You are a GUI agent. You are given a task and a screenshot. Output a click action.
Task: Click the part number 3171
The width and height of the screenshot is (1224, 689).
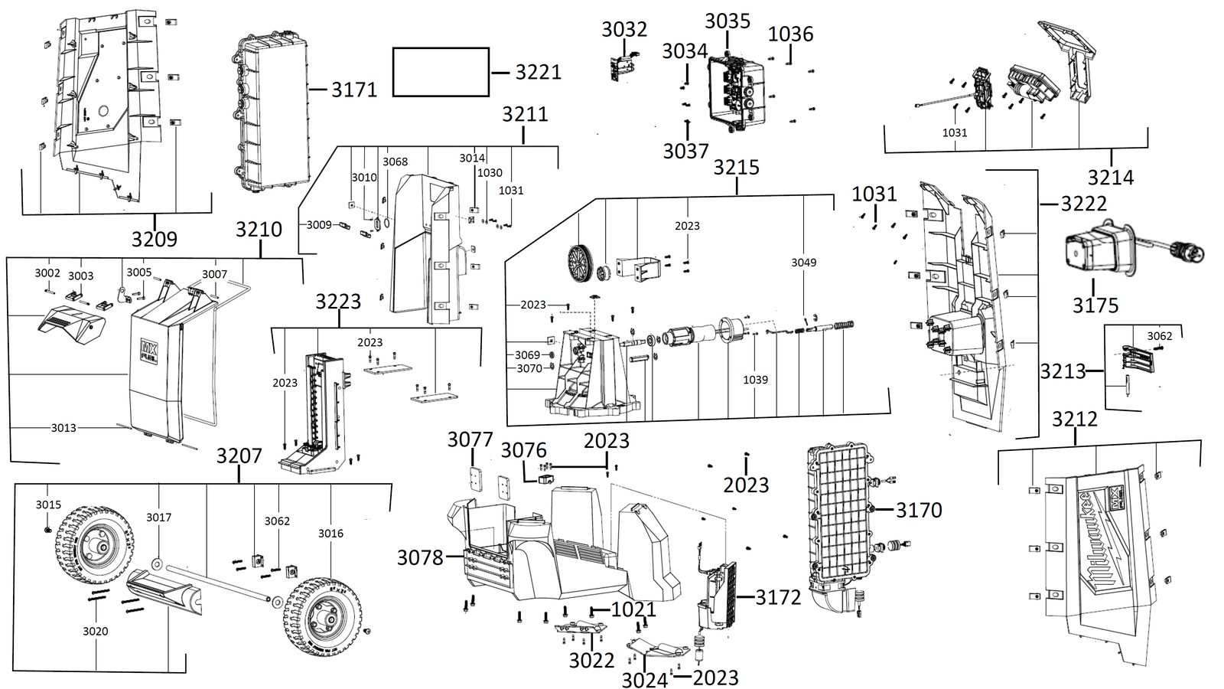[x=354, y=89]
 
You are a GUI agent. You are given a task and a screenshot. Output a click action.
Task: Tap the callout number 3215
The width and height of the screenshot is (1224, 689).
[x=736, y=168]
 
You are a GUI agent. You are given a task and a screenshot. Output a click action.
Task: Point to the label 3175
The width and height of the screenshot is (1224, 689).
[x=1095, y=305]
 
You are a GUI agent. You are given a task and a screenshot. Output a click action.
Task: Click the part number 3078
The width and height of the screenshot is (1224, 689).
[x=420, y=558]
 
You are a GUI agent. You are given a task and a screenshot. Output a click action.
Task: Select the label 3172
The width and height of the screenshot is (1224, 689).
[x=778, y=598]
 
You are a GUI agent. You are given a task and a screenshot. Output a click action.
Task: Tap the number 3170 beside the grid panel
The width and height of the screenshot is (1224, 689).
[x=919, y=510]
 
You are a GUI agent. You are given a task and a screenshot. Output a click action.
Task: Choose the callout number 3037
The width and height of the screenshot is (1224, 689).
[x=685, y=152]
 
